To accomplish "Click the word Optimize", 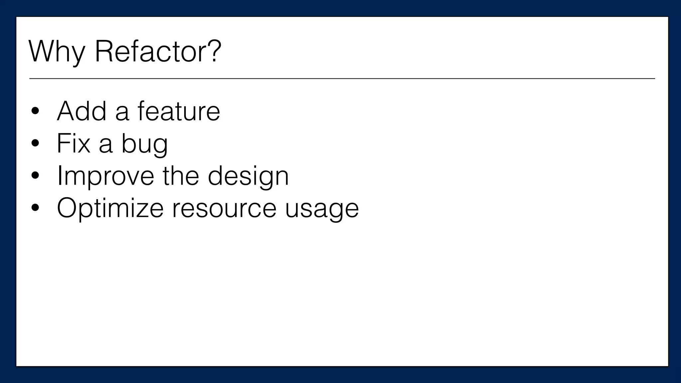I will tap(110, 208).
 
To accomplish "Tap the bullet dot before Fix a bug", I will tap(35, 144).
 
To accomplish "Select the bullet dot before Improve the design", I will tap(35, 176).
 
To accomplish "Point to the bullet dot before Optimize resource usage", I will tap(35, 208).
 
